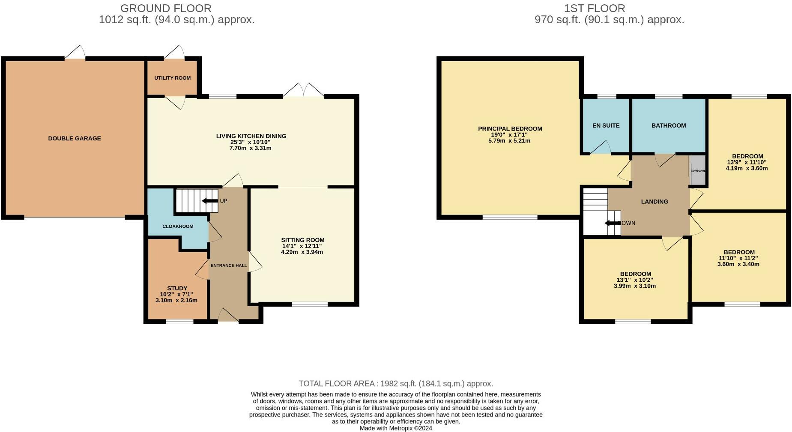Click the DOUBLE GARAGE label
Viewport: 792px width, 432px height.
point(75,138)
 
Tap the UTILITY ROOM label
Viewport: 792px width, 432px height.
point(172,78)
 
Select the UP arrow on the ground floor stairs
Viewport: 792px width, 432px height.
point(209,201)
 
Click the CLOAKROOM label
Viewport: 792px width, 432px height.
point(178,226)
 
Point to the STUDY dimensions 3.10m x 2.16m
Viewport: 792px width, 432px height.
point(176,300)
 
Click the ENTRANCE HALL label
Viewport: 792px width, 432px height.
point(229,265)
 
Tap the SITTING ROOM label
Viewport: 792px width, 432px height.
point(302,240)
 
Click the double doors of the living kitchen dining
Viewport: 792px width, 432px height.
point(303,91)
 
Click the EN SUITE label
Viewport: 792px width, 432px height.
point(606,125)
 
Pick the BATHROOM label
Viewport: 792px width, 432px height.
point(668,125)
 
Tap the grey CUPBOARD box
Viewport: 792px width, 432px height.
point(697,170)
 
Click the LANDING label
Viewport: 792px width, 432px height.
point(654,202)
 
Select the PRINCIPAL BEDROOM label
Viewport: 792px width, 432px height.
point(510,128)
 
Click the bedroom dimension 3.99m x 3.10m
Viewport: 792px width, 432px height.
point(634,286)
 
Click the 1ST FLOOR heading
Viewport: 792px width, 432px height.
point(594,8)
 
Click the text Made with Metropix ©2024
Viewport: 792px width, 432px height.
point(396,428)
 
